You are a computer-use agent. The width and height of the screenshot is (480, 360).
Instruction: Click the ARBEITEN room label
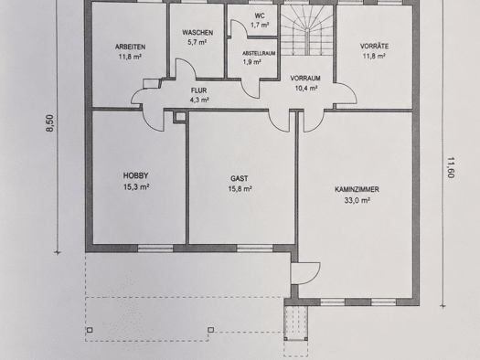pos(130,47)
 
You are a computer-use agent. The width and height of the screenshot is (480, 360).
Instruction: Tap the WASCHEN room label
pos(197,32)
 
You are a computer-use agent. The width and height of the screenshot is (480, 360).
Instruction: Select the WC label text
pos(260,16)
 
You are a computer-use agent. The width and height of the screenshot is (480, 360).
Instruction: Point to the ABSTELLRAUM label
pos(259,53)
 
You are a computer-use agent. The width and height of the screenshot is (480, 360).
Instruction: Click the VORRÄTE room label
pos(374,47)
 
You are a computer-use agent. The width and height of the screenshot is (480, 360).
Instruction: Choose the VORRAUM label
pos(305,78)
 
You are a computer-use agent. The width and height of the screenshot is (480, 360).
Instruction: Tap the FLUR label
pos(199,90)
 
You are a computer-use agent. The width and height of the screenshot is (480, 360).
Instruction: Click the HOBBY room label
pos(135,175)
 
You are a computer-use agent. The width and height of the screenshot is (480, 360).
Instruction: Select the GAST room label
pos(239,178)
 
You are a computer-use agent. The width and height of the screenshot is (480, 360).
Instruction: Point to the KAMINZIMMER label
pos(357,189)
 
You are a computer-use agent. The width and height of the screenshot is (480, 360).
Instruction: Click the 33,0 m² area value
pos(357,200)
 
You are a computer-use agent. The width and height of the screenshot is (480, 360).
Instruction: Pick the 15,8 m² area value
pos(240,189)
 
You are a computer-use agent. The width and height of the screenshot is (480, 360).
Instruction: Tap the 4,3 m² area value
pos(199,100)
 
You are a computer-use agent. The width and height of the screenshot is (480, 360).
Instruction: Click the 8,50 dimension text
pos(49,123)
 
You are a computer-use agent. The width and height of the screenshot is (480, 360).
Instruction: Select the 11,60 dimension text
pos(451,167)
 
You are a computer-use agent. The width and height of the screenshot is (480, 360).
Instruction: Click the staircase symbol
pos(307,30)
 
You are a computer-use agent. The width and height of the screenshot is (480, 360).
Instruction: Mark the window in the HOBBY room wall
pos(155,248)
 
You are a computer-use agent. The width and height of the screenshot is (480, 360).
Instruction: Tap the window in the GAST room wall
pos(255,248)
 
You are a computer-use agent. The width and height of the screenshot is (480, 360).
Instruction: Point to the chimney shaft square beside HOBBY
pos(181,117)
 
